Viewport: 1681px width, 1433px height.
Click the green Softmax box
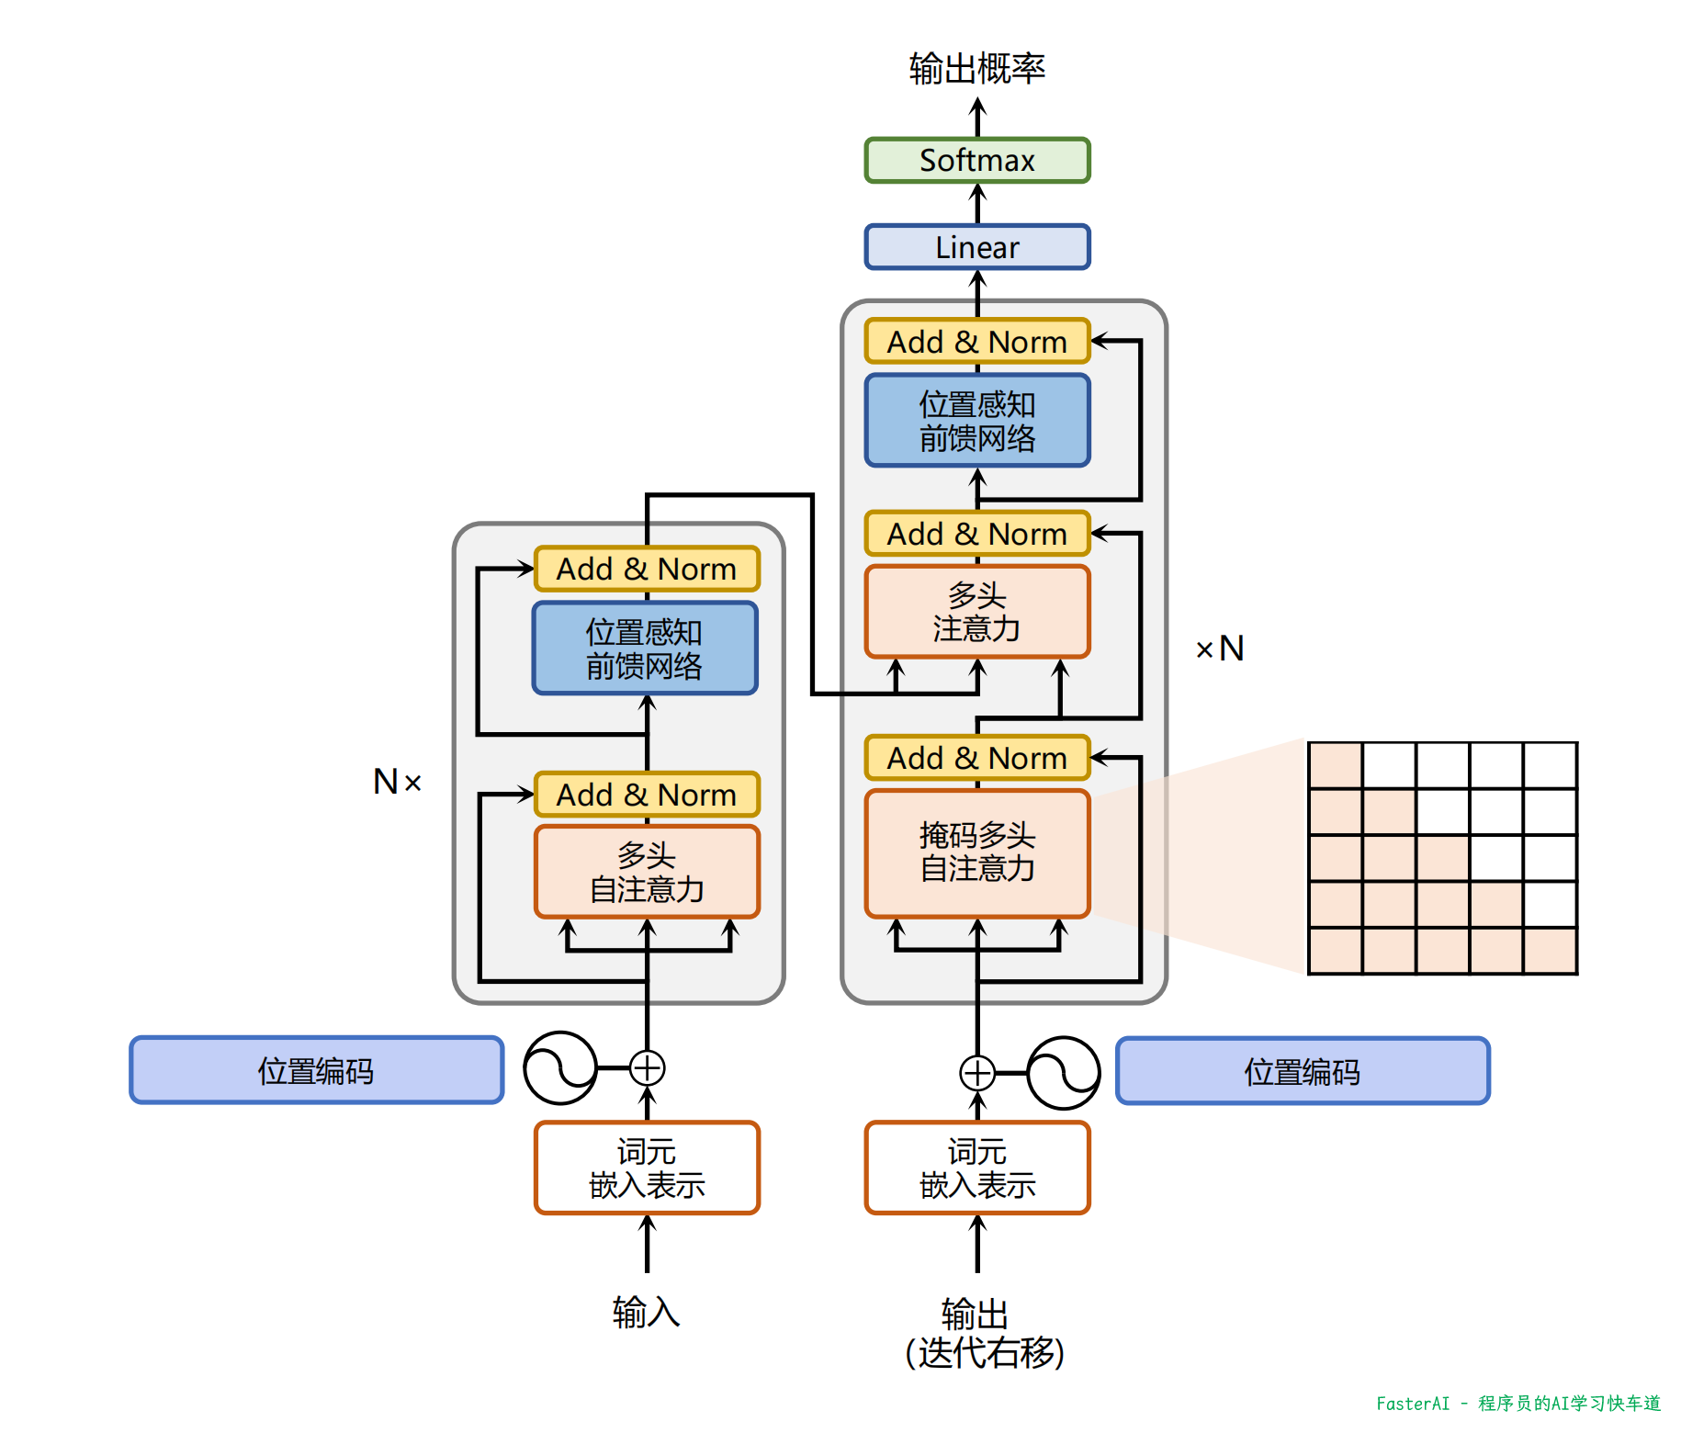(x=976, y=161)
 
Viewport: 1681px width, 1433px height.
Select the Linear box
(x=976, y=247)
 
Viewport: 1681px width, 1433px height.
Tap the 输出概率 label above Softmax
(x=976, y=69)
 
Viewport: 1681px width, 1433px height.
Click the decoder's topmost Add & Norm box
(x=976, y=342)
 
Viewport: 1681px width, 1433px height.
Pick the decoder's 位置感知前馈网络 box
(x=976, y=421)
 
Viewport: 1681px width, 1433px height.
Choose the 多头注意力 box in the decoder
(x=976, y=612)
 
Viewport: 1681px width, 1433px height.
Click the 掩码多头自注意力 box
(x=976, y=852)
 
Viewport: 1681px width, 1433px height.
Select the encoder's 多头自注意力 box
(x=647, y=872)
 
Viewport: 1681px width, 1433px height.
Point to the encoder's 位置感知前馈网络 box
(x=645, y=649)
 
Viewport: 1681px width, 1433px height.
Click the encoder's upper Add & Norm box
(x=647, y=570)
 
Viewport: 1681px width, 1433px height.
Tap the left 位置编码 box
(x=316, y=1071)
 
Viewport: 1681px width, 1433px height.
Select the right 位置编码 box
(x=1303, y=1071)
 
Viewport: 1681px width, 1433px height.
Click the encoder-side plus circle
(x=648, y=1068)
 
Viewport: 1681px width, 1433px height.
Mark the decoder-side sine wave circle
(x=1063, y=1072)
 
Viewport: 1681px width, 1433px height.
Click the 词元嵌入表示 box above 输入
(x=647, y=1168)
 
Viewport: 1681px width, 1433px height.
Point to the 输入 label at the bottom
(x=646, y=1312)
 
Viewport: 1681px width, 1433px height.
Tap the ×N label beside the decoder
(x=1220, y=649)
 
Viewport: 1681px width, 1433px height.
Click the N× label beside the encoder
(x=397, y=782)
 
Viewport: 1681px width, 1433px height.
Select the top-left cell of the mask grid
(x=1335, y=765)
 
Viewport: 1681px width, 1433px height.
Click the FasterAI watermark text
(x=1517, y=1404)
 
